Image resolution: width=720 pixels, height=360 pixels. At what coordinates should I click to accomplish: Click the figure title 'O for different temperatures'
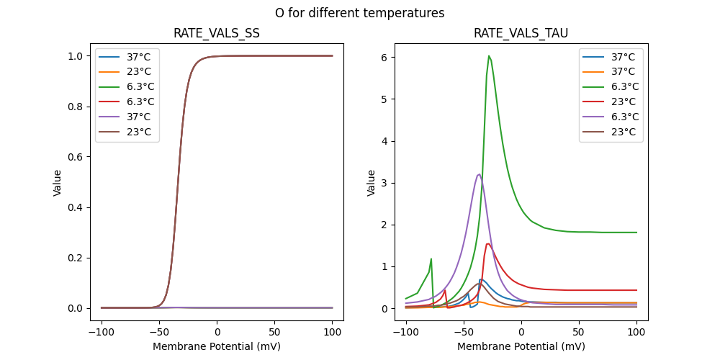tap(359, 13)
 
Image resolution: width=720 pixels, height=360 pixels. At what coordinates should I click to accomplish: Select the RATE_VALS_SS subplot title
tap(217, 33)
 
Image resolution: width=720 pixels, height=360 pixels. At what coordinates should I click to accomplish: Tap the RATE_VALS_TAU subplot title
tap(521, 33)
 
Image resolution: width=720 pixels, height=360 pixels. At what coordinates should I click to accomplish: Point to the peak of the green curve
tap(489, 55)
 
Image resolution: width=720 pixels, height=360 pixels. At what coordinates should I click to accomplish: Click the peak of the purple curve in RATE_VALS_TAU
tap(479, 174)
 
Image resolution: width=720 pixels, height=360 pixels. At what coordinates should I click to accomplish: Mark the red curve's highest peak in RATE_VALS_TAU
tap(488, 243)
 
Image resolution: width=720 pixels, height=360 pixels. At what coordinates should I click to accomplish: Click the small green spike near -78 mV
tap(431, 258)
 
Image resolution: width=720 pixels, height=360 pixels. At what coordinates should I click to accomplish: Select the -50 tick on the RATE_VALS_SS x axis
tap(159, 333)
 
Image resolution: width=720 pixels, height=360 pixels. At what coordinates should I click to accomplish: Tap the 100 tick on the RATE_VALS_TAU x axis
tap(636, 333)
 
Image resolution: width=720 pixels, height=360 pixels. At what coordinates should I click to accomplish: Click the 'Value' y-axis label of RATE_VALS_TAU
tap(372, 183)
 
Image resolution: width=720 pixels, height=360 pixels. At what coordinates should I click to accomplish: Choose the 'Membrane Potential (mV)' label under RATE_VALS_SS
tap(217, 346)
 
